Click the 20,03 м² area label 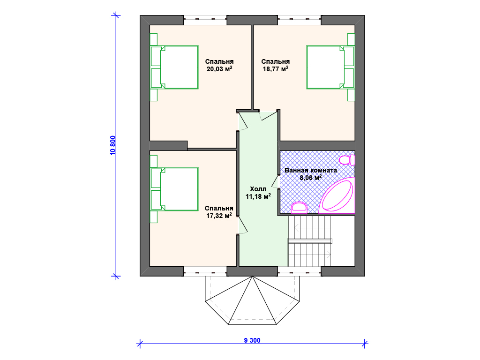pos(219,69)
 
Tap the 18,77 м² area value pos(276,69)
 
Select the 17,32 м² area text pos(219,216)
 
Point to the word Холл pos(258,189)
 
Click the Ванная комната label pos(311,170)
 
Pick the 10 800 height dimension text pos(113,145)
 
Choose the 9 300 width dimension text pos(252,340)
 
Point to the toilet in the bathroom pos(347,160)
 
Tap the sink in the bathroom pos(299,208)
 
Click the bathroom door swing pos(275,182)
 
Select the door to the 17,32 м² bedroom pos(242,225)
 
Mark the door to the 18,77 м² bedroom pos(268,115)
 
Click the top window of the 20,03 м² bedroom pos(205,20)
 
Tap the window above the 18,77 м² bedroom pos(300,20)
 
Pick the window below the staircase pos(300,271)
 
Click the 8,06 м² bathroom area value pos(310,178)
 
